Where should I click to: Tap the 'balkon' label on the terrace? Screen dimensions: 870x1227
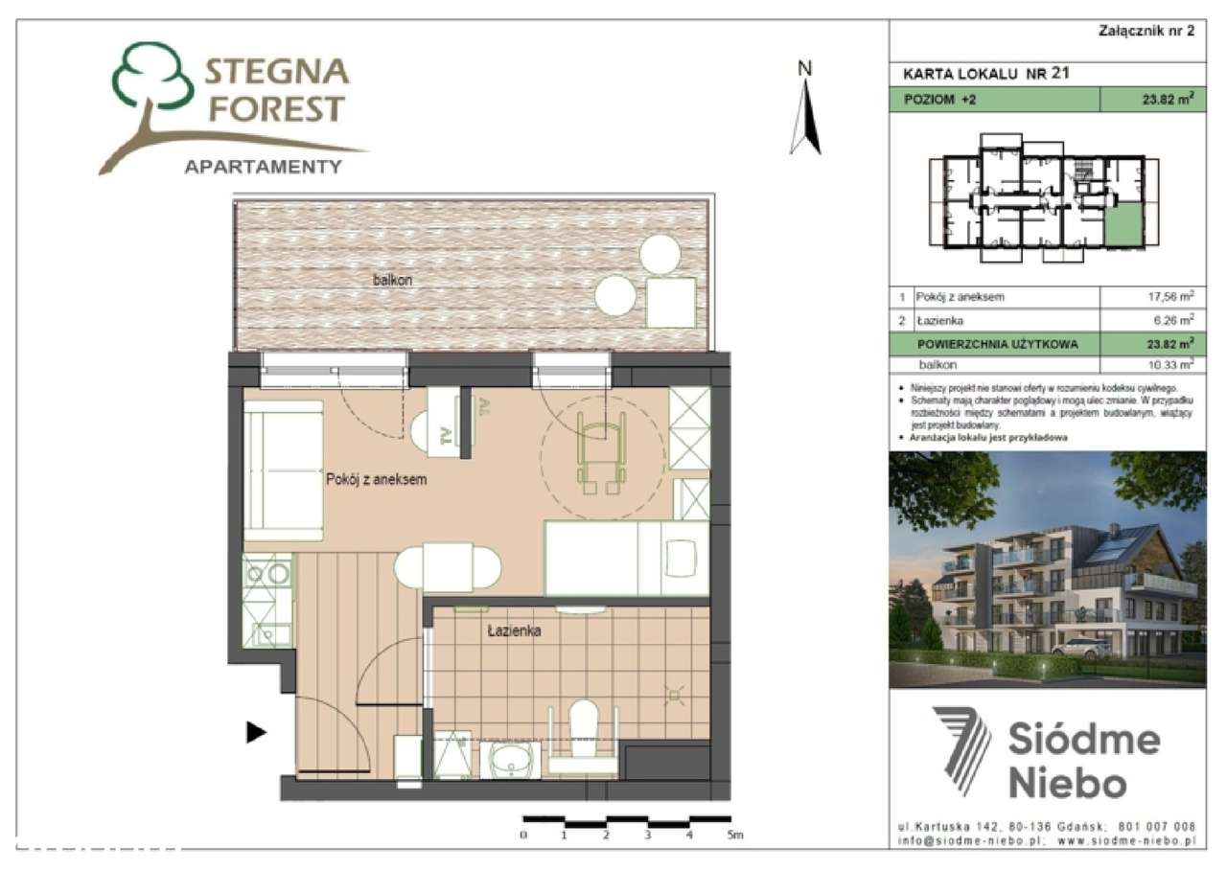click(394, 280)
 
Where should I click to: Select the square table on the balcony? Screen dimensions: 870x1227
click(670, 301)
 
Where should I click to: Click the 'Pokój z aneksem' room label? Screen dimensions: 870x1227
click(377, 479)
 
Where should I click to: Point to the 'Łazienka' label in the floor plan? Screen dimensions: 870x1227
click(515, 631)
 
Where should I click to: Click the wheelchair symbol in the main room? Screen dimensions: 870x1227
click(601, 450)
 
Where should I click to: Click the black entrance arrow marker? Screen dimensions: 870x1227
click(255, 733)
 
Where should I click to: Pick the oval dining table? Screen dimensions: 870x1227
click(448, 566)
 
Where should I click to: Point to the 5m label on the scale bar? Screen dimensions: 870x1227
click(734, 836)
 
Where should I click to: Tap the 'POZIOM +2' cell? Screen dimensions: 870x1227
click(993, 99)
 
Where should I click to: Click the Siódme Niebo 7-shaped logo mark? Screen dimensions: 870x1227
click(962, 749)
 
